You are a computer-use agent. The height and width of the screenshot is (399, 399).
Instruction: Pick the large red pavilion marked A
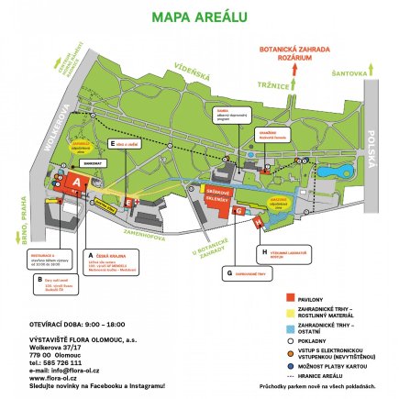[77, 183]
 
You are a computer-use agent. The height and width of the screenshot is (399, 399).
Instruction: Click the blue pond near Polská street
[330, 171]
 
